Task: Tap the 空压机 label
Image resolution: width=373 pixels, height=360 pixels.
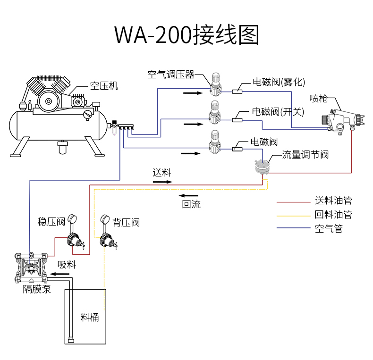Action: point(104,86)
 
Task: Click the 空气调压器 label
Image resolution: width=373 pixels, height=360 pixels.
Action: point(171,75)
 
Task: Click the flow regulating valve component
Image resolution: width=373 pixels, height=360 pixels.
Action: point(261,167)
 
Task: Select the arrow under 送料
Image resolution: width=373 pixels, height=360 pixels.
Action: point(162,181)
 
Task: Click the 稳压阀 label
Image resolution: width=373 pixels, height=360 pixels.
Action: point(51,222)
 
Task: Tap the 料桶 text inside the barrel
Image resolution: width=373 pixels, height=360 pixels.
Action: point(90,317)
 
